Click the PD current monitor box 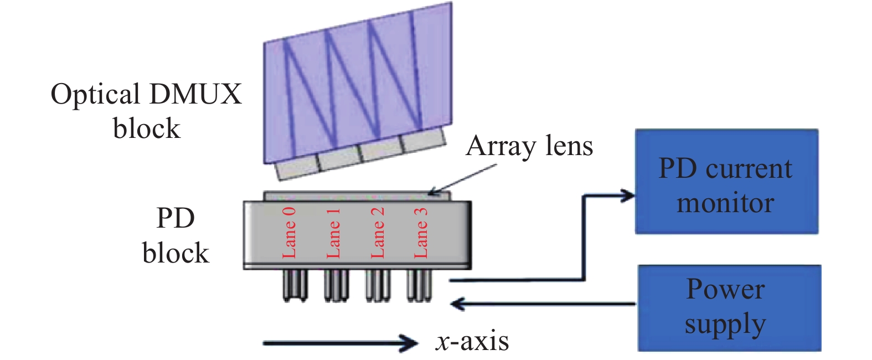726,182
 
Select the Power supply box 730,308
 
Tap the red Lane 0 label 289,233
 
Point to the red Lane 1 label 333,233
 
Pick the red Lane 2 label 378,233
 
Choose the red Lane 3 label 421,233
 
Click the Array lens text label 529,147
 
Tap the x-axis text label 472,342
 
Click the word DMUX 195,94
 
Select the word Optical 95,95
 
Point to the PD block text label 176,235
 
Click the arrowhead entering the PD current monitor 627,196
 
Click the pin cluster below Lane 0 295,286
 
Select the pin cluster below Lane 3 419,286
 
